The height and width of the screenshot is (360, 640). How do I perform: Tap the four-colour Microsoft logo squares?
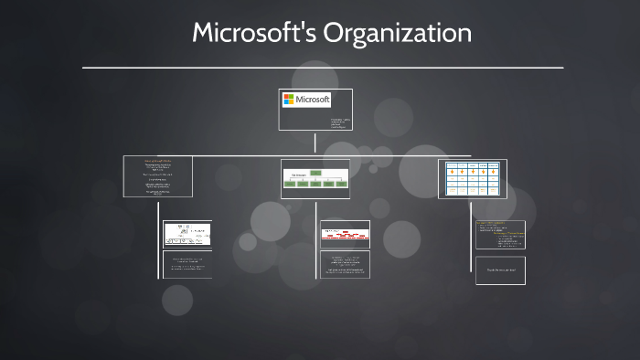click(x=288, y=99)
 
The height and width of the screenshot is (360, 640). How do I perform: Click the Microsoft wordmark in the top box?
click(x=312, y=99)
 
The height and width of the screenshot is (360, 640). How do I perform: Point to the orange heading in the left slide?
click(x=157, y=160)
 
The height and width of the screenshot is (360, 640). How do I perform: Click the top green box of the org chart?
click(x=315, y=172)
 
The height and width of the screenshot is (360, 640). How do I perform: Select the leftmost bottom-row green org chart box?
click(x=289, y=184)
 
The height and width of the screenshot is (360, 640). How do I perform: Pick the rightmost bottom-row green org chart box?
click(x=341, y=184)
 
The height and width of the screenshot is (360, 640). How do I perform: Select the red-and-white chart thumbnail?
click(x=345, y=233)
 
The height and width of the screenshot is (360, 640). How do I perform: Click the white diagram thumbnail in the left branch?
click(x=187, y=234)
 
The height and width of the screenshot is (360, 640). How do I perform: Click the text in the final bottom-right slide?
click(x=500, y=270)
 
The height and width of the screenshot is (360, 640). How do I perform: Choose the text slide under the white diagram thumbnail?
click(x=187, y=264)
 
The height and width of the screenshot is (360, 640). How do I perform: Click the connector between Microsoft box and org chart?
click(x=315, y=144)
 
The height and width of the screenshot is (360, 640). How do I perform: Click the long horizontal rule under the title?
click(x=323, y=68)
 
